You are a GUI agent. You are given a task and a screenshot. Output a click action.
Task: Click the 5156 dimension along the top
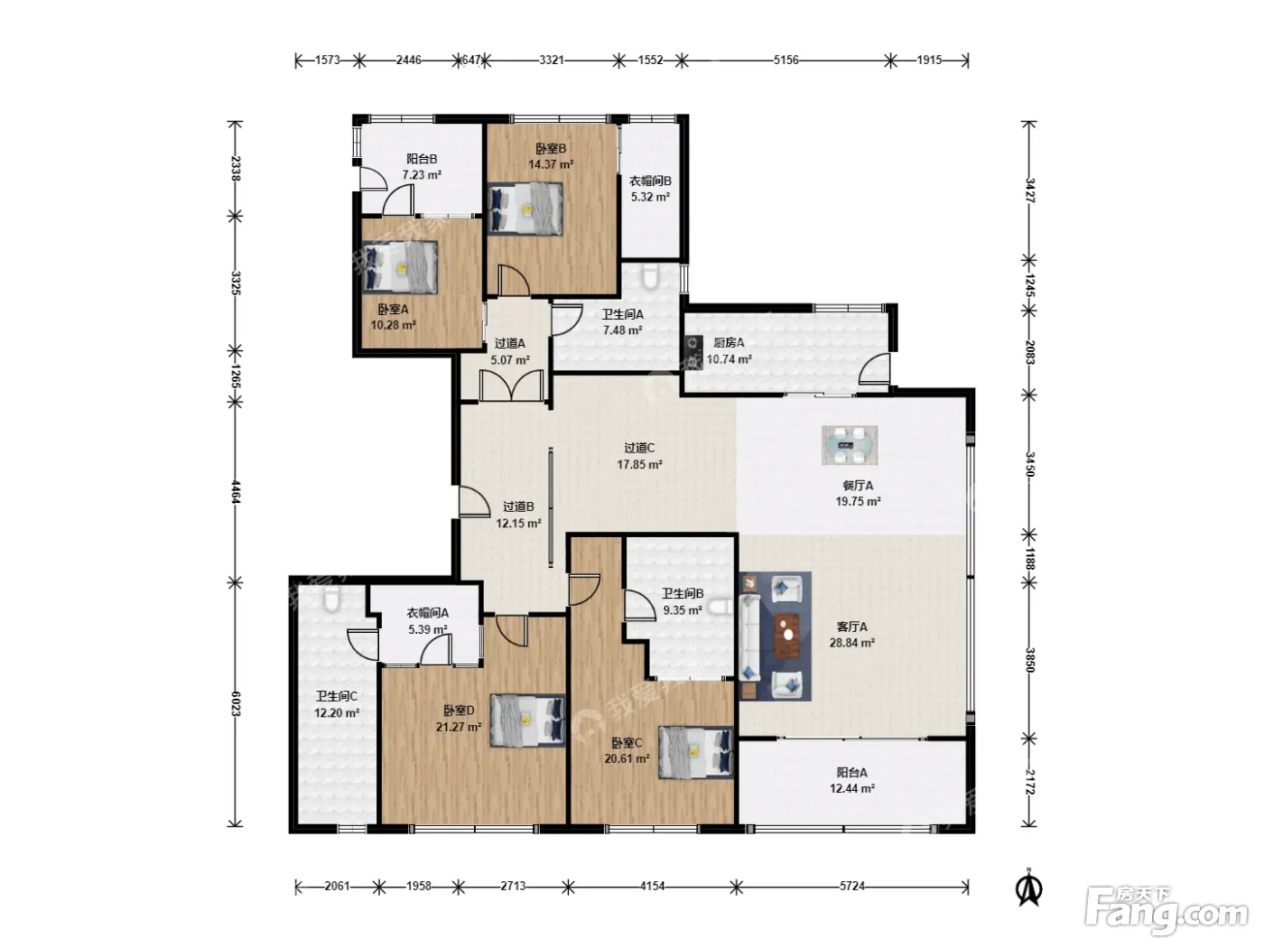point(785,60)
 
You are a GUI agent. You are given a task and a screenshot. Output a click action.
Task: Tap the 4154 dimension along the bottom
point(652,886)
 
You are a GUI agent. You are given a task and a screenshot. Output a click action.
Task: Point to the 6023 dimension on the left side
point(235,703)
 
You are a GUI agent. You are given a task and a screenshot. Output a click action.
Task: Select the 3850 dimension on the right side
point(1029,660)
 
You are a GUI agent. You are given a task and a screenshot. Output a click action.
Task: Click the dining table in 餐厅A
point(850,445)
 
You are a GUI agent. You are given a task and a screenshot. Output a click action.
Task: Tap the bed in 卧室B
point(525,209)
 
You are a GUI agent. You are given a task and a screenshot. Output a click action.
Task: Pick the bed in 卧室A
point(400,267)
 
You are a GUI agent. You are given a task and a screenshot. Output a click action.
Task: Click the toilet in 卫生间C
point(331,599)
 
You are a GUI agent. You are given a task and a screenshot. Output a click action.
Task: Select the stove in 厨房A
point(693,352)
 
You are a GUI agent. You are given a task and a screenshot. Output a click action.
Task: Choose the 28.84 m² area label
point(851,642)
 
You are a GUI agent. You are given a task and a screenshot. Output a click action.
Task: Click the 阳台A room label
point(851,773)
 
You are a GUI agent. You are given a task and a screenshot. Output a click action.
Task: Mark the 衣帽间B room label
point(650,181)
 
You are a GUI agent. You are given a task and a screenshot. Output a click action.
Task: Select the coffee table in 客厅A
point(786,636)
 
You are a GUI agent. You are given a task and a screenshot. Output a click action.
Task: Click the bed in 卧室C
point(696,752)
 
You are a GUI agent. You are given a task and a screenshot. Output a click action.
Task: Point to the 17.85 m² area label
point(639,464)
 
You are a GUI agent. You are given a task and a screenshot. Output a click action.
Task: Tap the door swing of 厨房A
point(874,369)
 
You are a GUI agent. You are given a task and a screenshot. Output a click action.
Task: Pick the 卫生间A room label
point(622,314)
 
